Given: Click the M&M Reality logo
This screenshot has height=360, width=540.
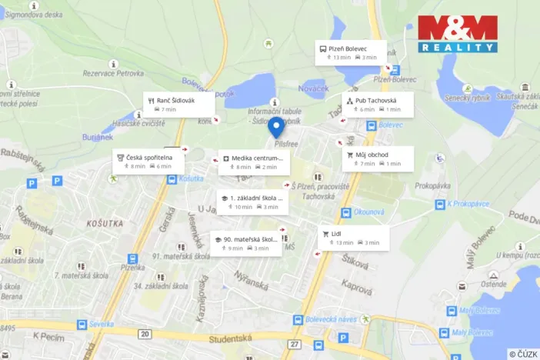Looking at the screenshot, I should (458, 34).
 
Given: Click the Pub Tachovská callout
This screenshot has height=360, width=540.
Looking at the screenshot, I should (377, 105).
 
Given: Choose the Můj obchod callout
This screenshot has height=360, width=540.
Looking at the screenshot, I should (377, 159).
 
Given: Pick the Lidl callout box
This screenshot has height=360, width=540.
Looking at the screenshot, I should (353, 238).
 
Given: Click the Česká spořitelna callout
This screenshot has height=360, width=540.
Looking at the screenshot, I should (148, 161).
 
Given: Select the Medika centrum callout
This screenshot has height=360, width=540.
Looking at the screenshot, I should (253, 162).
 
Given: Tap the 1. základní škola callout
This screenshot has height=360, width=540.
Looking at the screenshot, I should (252, 202).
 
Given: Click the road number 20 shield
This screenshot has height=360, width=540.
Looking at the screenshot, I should (145, 333).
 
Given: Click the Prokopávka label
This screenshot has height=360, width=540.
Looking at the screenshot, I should (432, 186).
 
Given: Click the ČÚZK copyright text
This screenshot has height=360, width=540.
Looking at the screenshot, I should (522, 354).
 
